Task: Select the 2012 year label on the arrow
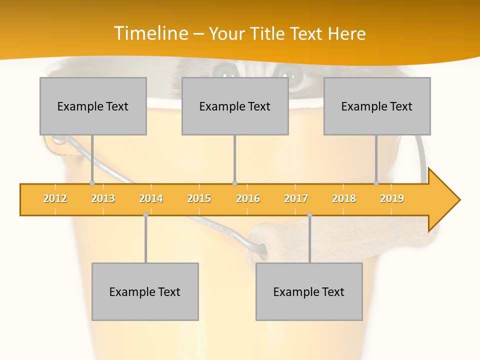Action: coord(55,198)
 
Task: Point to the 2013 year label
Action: coord(103,198)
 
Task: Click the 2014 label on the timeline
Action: coord(151,198)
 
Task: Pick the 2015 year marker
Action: coord(199,198)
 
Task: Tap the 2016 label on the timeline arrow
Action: coord(248,198)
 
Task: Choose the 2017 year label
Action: coord(296,198)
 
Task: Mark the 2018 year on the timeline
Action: coord(344,198)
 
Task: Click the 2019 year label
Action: coord(392,198)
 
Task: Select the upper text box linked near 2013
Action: coord(93,106)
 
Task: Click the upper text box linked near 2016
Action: coord(235,106)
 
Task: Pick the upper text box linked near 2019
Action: coord(377,106)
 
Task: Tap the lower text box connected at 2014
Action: coord(145,291)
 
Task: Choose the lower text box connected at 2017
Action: coord(309,291)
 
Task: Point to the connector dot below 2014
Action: coord(145,214)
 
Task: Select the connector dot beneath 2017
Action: coord(309,214)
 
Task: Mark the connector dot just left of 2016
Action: coord(234,183)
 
